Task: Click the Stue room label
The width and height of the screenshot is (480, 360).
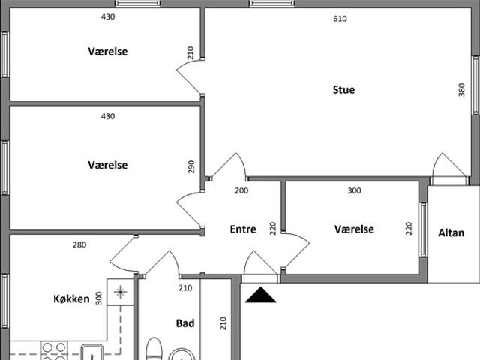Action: pyautogui.click(x=343, y=90)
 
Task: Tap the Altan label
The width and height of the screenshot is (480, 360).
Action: pyautogui.click(x=451, y=233)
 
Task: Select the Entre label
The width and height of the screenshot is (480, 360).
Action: pyautogui.click(x=243, y=229)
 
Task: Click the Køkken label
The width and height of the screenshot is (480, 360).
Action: pyautogui.click(x=72, y=298)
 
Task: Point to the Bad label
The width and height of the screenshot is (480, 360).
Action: pyautogui.click(x=185, y=323)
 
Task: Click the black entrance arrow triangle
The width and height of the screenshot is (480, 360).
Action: pyautogui.click(x=261, y=295)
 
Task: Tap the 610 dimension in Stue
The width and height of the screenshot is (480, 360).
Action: pyautogui.click(x=340, y=19)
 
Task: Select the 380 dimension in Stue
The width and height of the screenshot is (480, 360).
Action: pyautogui.click(x=462, y=90)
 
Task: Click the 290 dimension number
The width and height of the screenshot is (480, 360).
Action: pyautogui.click(x=191, y=166)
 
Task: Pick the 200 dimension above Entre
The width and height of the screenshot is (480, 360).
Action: pyautogui.click(x=241, y=190)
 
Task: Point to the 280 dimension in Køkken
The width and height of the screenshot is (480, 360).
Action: pyautogui.click(x=79, y=245)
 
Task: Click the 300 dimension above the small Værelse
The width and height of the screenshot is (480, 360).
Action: pyautogui.click(x=354, y=190)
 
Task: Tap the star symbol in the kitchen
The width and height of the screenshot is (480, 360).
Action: pyautogui.click(x=120, y=292)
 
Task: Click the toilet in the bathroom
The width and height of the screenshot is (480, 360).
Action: pyautogui.click(x=154, y=349)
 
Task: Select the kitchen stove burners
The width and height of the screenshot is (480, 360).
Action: pyautogui.click(x=54, y=351)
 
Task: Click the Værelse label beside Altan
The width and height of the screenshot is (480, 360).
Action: pyautogui.click(x=354, y=229)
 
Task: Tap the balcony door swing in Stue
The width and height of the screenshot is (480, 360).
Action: pyautogui.click(x=450, y=165)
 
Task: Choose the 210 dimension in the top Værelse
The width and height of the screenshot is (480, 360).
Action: pyautogui.click(x=190, y=53)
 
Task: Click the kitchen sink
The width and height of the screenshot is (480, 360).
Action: pyautogui.click(x=91, y=352)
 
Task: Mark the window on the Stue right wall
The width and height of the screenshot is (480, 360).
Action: pyautogui.click(x=475, y=85)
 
